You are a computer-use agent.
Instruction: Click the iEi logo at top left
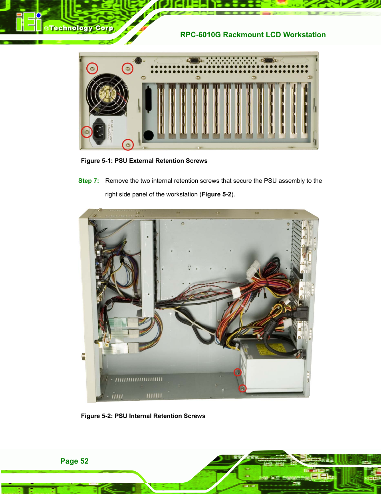tap(29, 22)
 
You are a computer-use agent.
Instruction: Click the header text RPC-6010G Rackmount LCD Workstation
tap(253, 35)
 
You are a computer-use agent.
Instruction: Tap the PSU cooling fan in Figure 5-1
tap(107, 93)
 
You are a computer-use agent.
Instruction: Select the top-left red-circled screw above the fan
tap(92, 68)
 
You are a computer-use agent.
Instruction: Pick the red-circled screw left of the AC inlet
tap(87, 132)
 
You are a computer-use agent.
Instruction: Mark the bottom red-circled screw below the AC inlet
tap(127, 144)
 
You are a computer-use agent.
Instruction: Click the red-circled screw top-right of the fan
tap(127, 68)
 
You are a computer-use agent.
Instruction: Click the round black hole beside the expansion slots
tap(149, 135)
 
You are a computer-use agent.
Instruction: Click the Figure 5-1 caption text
tap(144, 161)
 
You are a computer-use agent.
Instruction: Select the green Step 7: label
tap(88, 181)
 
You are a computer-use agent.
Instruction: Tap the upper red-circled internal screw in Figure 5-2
tap(238, 372)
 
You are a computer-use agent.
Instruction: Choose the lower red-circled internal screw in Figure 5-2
tap(242, 388)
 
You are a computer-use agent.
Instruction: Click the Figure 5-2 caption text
tap(143, 416)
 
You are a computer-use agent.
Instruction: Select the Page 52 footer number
tap(74, 461)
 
